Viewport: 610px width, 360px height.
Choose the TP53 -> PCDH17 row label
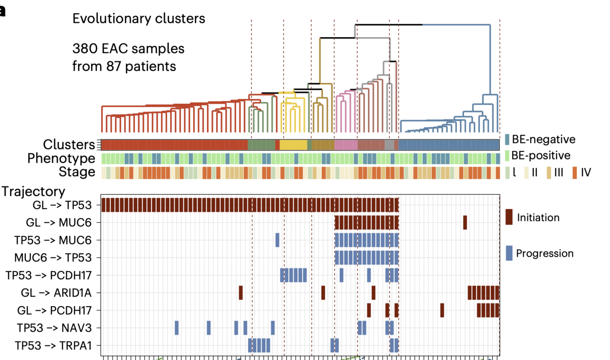(x=53, y=275)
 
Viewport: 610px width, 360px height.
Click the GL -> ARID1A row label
(x=59, y=292)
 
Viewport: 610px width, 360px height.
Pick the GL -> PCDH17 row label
(x=59, y=310)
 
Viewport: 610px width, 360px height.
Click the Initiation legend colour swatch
(x=508, y=217)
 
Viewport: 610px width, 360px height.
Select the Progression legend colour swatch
(x=508, y=253)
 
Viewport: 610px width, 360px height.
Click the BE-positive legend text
(x=540, y=155)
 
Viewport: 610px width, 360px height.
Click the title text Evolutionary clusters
(x=139, y=19)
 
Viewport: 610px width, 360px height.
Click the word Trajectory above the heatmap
(x=33, y=191)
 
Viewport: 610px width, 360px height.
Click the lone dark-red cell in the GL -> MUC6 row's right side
(x=465, y=222)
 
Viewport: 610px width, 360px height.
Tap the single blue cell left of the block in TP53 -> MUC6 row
(x=277, y=240)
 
